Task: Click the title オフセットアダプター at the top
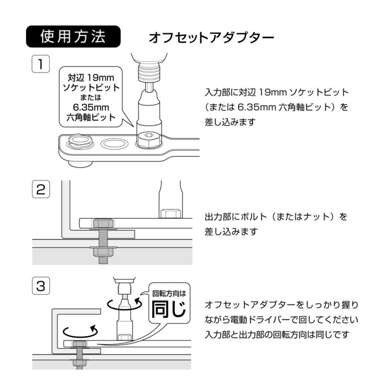[x=211, y=38]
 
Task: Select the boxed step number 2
[x=40, y=190]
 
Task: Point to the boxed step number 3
[x=40, y=286]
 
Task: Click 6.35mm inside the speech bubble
[x=91, y=108]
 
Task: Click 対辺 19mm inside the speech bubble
[x=91, y=78]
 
